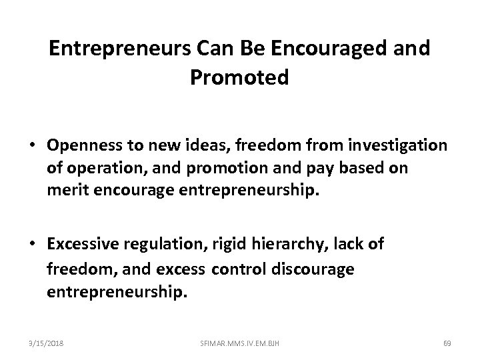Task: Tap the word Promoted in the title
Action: [240, 78]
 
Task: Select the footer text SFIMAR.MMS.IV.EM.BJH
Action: [239, 343]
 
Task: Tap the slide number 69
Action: [447, 343]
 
